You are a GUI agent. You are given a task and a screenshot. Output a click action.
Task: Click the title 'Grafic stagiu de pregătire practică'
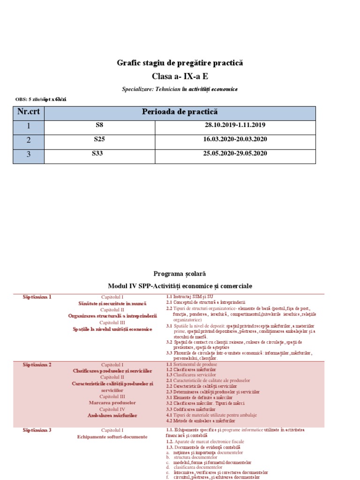point(180,63)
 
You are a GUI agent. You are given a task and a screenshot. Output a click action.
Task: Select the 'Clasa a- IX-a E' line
point(180,76)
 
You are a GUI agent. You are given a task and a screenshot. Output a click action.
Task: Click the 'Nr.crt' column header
point(28,112)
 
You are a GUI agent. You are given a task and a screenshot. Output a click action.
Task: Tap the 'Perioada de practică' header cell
point(180,112)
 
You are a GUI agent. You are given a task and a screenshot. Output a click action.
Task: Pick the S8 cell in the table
point(99,126)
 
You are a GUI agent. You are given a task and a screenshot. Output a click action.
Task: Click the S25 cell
point(99,139)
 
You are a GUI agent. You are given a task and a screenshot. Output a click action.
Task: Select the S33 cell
point(99,153)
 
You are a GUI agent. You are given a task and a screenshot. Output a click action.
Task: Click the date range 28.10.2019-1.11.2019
point(235,126)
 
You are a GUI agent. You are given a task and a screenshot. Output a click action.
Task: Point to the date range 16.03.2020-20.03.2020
point(235,139)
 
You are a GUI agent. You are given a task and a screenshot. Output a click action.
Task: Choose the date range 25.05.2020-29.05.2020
point(235,153)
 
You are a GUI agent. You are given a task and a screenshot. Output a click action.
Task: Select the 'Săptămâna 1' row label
point(37,297)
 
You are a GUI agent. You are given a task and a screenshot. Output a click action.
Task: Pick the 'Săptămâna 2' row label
point(37,365)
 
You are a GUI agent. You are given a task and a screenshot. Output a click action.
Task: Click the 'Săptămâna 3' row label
point(37,430)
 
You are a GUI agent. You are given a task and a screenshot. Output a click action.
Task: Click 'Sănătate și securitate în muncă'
point(112,304)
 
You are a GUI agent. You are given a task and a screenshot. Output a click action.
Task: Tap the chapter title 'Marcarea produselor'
point(112,403)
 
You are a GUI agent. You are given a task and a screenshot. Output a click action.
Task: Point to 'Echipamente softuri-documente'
point(112,437)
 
